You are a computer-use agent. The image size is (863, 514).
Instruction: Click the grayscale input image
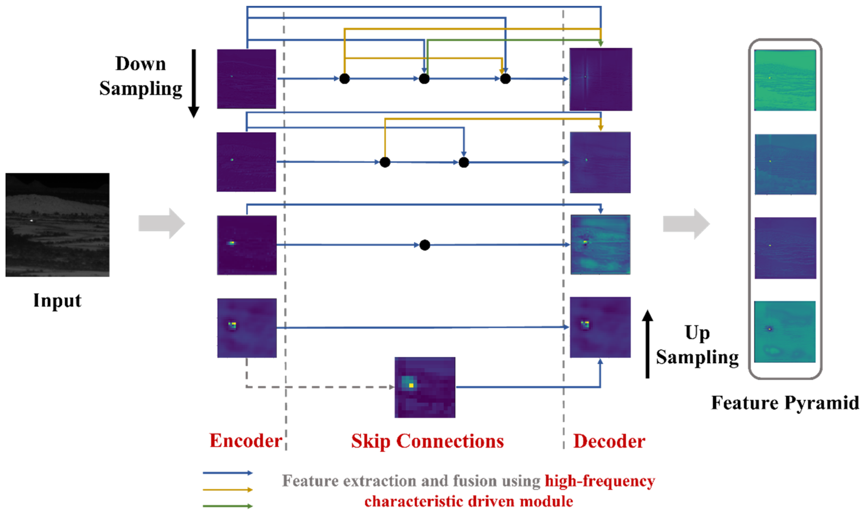57,225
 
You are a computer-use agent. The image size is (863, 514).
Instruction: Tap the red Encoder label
246,441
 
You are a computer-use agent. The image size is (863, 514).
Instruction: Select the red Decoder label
609,441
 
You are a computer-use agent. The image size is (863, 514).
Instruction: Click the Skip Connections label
427,441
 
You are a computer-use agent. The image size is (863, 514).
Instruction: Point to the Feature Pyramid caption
785,403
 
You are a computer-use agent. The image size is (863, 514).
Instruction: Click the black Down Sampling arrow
194,83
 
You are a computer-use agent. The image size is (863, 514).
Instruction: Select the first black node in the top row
344,79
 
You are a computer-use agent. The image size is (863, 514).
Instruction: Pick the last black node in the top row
505,79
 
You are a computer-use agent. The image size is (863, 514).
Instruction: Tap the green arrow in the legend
227,506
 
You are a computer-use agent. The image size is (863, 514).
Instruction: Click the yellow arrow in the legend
227,489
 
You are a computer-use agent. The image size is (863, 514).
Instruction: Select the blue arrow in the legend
227,473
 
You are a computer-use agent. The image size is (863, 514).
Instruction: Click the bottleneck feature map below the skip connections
425,387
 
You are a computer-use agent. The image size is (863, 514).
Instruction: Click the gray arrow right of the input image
162,223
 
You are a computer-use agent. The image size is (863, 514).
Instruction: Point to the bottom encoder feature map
247,328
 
